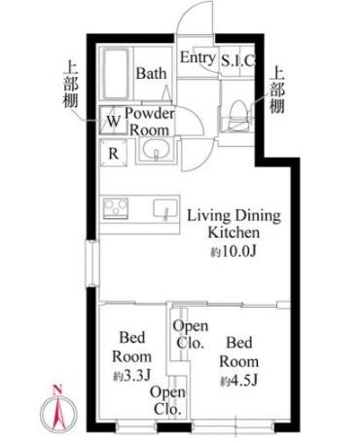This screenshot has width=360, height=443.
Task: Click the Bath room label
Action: pos(151,73)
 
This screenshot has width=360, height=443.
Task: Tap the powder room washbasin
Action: pos(155,151)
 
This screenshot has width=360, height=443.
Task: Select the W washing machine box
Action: pos(113,122)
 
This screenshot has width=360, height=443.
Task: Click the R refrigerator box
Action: pos(113,152)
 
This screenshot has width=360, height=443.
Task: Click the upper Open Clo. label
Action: pos(189,334)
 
